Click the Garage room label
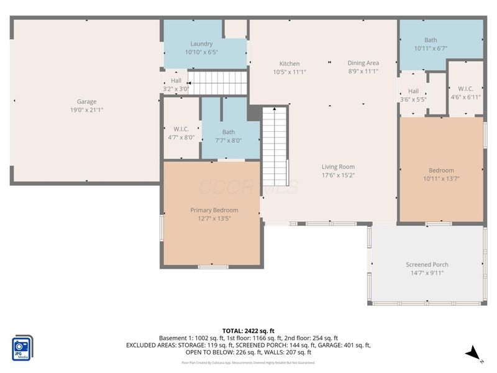pyautogui.click(x=86, y=101)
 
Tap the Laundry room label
pyautogui.click(x=201, y=44)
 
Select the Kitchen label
pyautogui.click(x=290, y=63)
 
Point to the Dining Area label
pyautogui.click(x=363, y=63)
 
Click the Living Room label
pyautogui.click(x=338, y=167)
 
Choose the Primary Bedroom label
pyautogui.click(x=214, y=210)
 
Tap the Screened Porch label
pyautogui.click(x=427, y=265)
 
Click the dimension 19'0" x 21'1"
pyautogui.click(x=86, y=110)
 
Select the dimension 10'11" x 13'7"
pyautogui.click(x=441, y=178)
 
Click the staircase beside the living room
pyautogui.click(x=274, y=143)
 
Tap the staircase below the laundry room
pyautogui.click(x=217, y=82)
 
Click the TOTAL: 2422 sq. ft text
pyautogui.click(x=248, y=331)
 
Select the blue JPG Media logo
pyautogui.click(x=23, y=348)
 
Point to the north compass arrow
pyautogui.click(x=473, y=354)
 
